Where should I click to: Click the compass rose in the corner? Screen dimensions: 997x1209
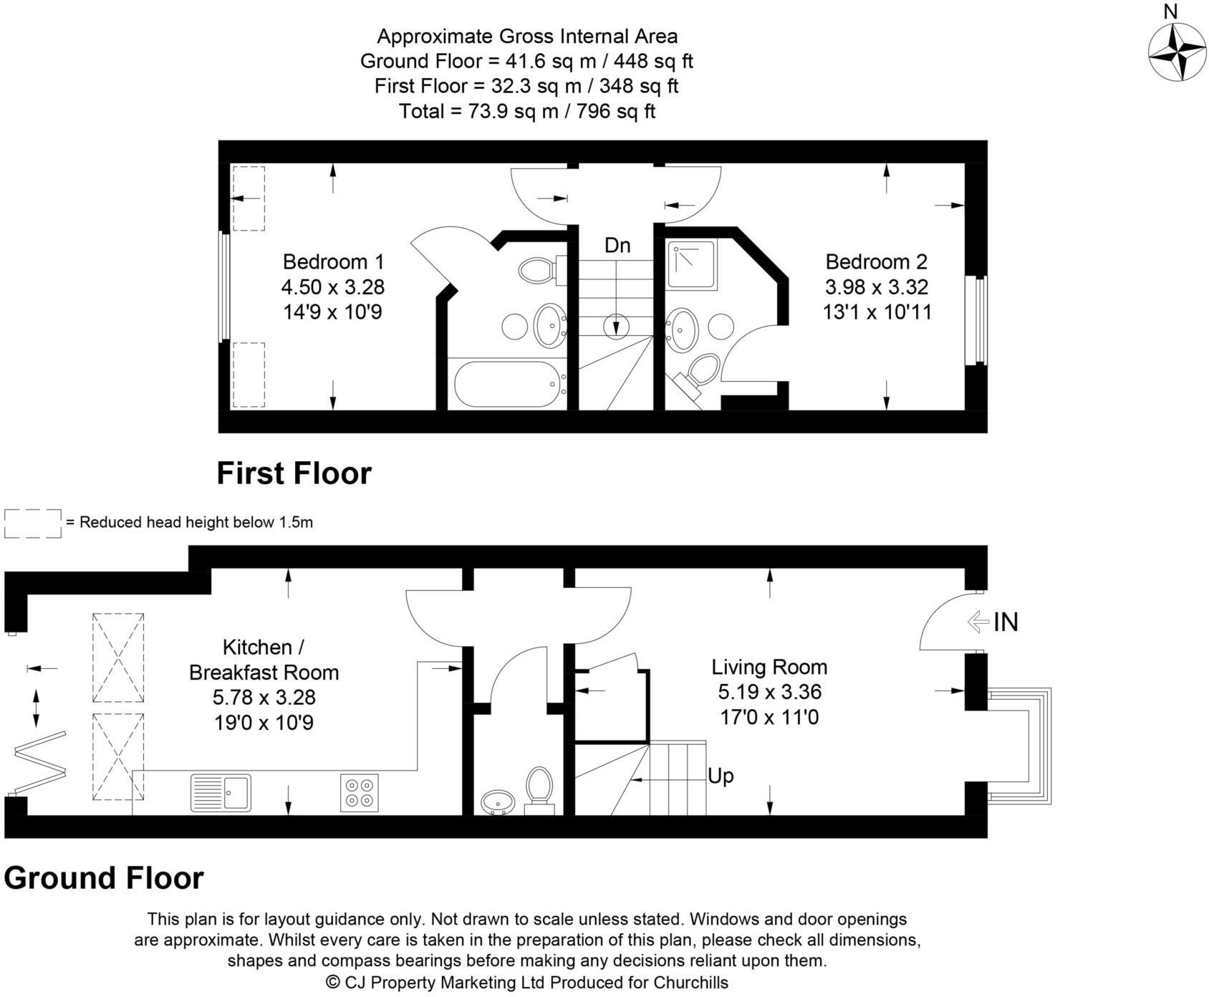tap(1177, 52)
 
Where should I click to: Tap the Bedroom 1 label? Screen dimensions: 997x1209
tap(333, 261)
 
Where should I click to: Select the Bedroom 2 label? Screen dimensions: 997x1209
tap(876, 261)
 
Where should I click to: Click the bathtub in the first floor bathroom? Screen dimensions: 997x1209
tap(505, 384)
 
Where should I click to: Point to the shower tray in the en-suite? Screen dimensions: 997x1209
tap(692, 265)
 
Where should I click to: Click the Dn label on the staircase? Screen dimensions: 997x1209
tap(617, 246)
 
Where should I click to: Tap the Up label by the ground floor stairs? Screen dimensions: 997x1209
tap(721, 776)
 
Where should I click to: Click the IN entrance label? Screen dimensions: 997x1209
tap(1006, 622)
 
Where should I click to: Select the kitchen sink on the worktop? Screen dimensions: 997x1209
tap(221, 793)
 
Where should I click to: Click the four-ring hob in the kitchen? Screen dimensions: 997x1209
tap(359, 793)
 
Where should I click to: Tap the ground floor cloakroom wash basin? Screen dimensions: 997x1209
tap(498, 801)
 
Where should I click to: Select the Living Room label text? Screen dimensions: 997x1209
tap(769, 668)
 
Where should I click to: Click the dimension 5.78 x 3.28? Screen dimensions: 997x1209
tap(264, 698)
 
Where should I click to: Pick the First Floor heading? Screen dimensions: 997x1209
tap(294, 473)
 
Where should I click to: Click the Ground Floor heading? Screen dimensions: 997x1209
tap(104, 878)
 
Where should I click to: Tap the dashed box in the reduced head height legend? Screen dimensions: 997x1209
tap(33, 523)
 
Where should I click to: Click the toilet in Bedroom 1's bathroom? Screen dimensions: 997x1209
tap(537, 271)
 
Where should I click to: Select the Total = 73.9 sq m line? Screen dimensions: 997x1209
tap(526, 112)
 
